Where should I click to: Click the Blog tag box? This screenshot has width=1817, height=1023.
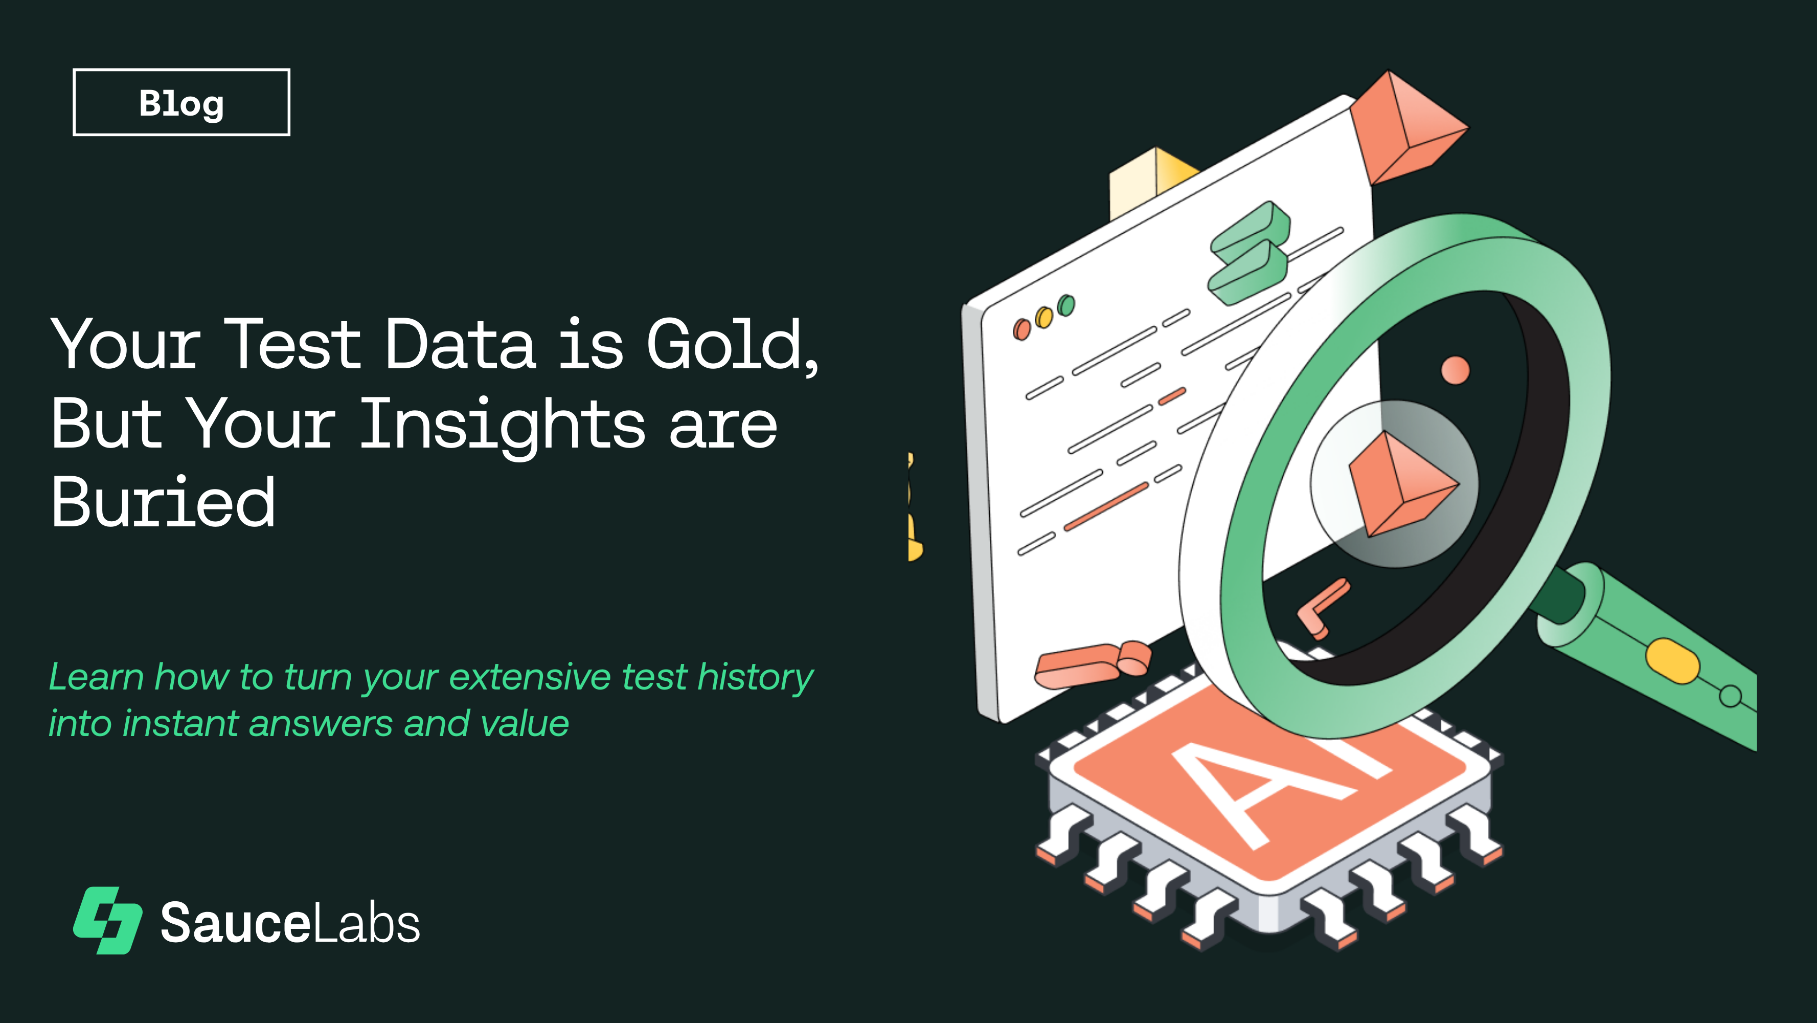tap(181, 102)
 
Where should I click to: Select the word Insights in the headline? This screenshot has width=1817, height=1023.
tap(502, 425)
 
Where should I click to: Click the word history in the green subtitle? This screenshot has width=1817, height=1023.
tap(755, 677)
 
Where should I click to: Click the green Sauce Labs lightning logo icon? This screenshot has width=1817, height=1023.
tap(108, 920)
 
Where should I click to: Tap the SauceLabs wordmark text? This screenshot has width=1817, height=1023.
tap(290, 923)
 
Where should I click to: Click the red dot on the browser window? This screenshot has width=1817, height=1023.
tap(1021, 329)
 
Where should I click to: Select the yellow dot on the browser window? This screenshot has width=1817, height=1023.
tap(1044, 318)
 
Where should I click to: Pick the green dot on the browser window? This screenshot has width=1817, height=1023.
tap(1066, 305)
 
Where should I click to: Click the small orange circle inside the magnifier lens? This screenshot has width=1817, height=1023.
tap(1455, 370)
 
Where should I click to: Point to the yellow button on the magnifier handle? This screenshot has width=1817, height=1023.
tap(1672, 660)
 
